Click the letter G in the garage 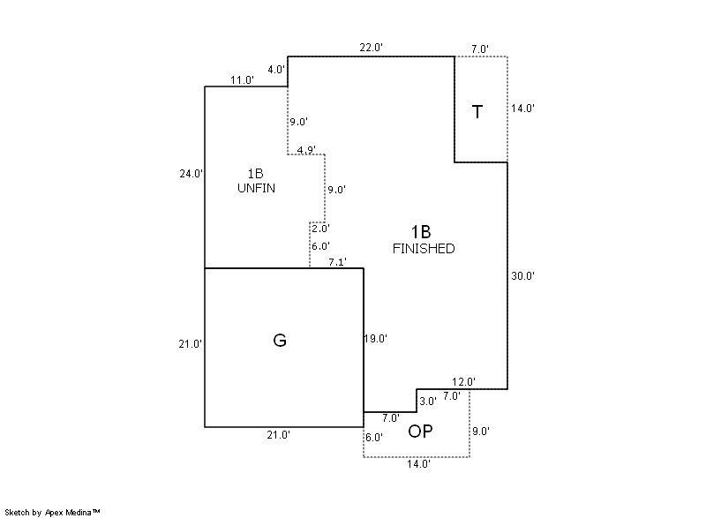click(280, 340)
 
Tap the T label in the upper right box click(477, 112)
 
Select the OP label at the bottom click(419, 432)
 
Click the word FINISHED click(424, 249)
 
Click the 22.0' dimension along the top click(371, 48)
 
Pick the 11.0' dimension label click(242, 80)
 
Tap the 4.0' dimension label click(276, 69)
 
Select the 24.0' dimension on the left click(192, 174)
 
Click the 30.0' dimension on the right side click(523, 276)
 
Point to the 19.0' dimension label click(376, 338)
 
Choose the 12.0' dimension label click(464, 381)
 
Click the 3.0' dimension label click(427, 401)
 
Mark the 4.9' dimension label click(307, 150)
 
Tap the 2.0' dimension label click(320, 229)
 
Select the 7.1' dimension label click(337, 262)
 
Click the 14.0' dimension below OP click(418, 463)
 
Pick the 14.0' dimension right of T click(523, 109)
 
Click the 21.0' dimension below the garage click(279, 434)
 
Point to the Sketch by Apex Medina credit click(53, 511)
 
